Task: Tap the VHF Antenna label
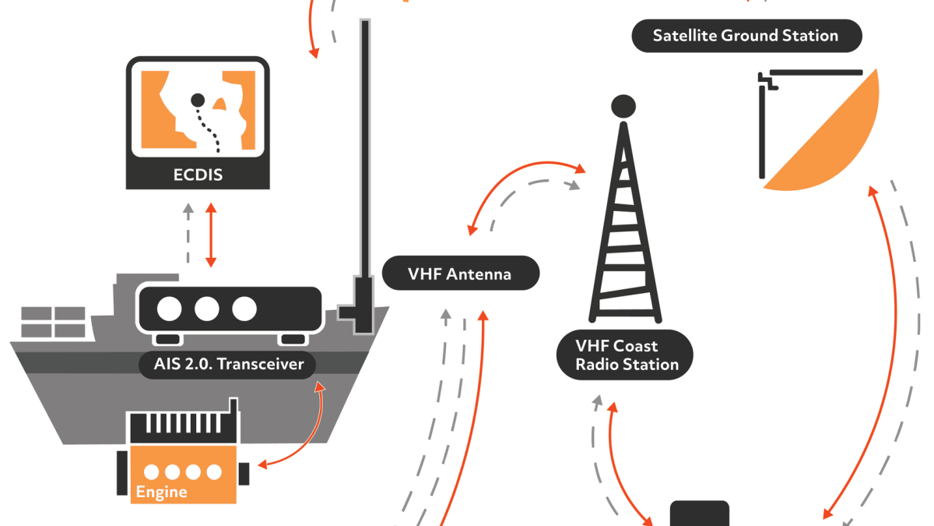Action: tap(460, 274)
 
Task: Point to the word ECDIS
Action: tap(198, 175)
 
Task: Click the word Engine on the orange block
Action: tap(161, 492)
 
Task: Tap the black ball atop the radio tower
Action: tap(623, 105)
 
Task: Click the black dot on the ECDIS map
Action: tap(198, 100)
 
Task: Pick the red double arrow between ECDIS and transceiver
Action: tap(210, 235)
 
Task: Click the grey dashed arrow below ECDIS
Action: tap(187, 234)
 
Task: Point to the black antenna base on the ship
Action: tap(360, 304)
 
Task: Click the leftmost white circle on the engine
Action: tap(152, 472)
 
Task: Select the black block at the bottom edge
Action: tap(700, 514)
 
